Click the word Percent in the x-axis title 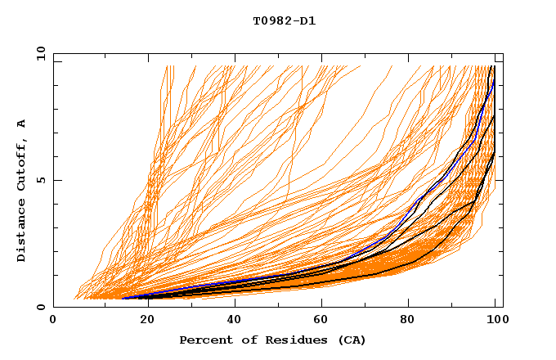click(x=204, y=340)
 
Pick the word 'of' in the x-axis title click(x=242, y=340)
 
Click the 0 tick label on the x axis click(x=53, y=322)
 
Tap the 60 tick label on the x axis click(x=319, y=322)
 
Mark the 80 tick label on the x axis click(x=407, y=322)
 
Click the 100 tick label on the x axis click(x=495, y=322)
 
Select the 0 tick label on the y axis click(x=41, y=308)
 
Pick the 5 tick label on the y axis click(x=41, y=180)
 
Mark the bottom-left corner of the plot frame click(x=54, y=308)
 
